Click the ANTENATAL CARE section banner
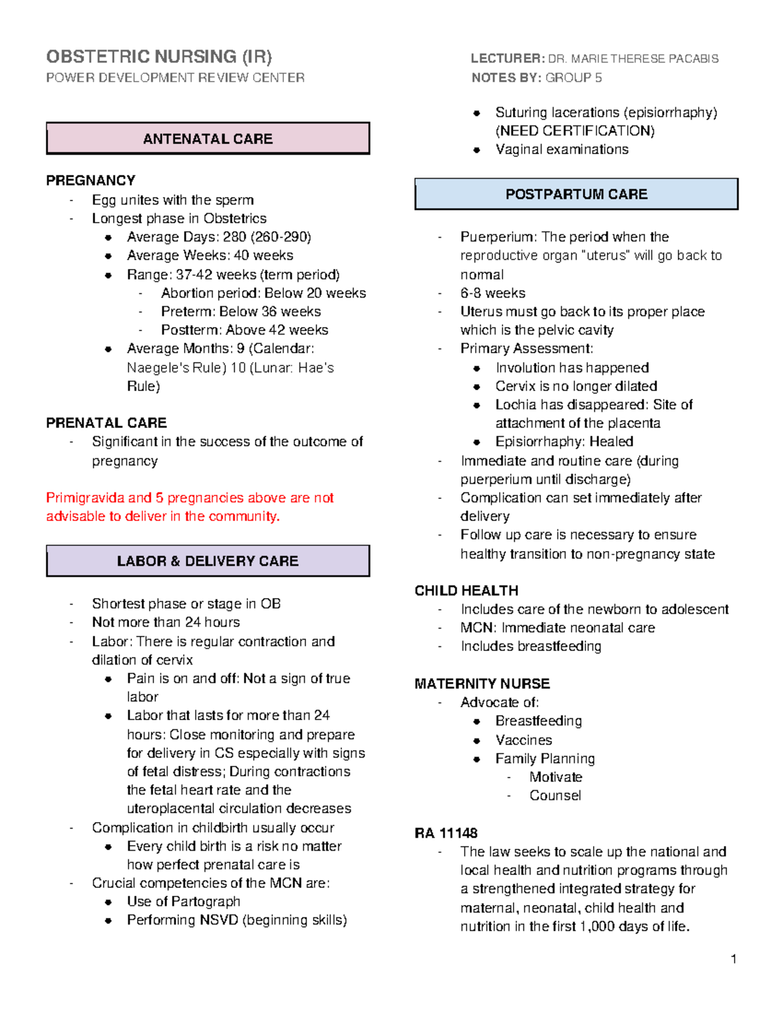[x=207, y=138]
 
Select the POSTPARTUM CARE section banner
[x=576, y=194]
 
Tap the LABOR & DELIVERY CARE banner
[x=207, y=561]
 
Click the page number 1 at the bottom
[x=733, y=959]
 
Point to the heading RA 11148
[x=446, y=833]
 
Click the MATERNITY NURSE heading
[x=482, y=684]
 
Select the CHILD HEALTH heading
[x=466, y=590]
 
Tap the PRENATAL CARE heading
[x=106, y=422]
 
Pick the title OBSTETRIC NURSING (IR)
[x=159, y=57]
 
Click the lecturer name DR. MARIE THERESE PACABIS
[x=633, y=59]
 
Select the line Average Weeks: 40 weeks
[x=209, y=255]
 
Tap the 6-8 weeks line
[x=493, y=293]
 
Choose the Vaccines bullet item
[x=523, y=740]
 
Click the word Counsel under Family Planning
[x=555, y=795]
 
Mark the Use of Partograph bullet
[x=183, y=901]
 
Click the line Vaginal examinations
[x=561, y=150]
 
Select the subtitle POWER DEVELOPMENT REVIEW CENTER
[x=175, y=78]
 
